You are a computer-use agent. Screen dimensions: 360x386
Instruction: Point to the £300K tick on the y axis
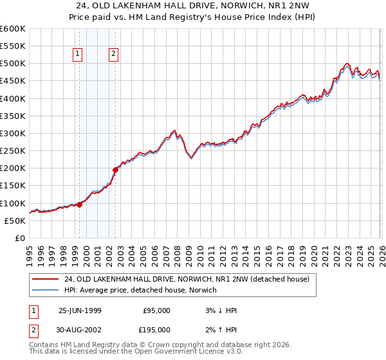tap(13, 133)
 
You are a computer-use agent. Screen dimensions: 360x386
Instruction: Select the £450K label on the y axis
tap(13, 81)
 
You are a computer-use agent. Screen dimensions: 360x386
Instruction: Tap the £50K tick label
tap(15, 221)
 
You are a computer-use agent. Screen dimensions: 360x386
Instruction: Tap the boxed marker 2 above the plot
tap(113, 55)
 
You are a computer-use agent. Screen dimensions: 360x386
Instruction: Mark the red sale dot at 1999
tap(80, 204)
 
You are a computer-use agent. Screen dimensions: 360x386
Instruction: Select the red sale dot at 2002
tap(116, 170)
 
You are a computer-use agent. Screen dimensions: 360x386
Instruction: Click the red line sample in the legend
tap(46, 279)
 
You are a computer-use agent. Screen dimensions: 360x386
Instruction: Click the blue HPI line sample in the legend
tap(46, 290)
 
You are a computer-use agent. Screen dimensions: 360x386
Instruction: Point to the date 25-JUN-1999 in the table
tap(81, 310)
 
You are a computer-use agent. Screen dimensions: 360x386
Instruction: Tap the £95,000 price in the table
tap(156, 310)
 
